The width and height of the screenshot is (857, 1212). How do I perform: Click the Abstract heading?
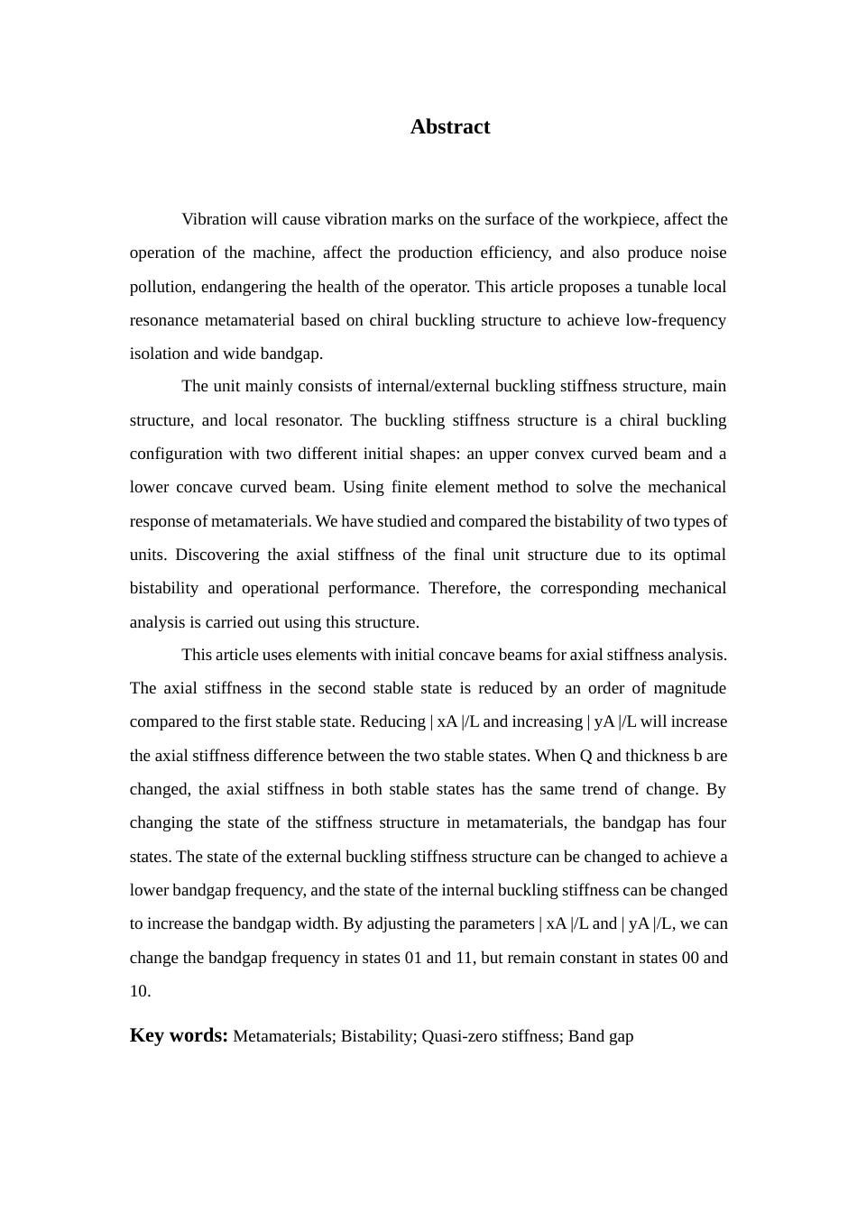coord(450,127)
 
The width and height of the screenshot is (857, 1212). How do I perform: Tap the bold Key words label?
coord(179,1035)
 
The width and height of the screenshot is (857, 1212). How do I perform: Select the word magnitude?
coord(689,688)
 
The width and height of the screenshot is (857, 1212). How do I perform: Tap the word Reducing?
coord(392,721)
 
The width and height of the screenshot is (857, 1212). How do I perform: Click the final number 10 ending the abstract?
coord(139,991)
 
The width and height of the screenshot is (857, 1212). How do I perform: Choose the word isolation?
coord(159,353)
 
